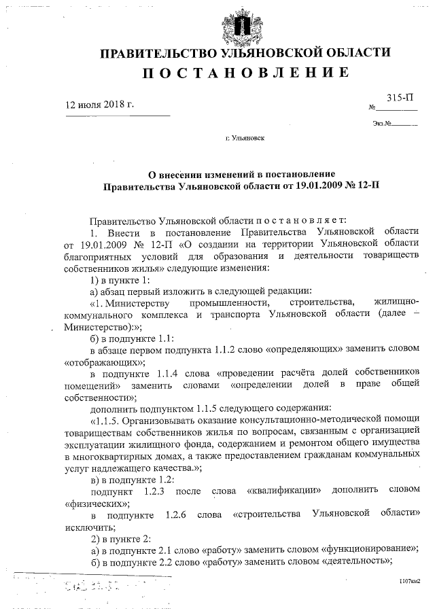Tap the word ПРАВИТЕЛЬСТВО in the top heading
point(160,53)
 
